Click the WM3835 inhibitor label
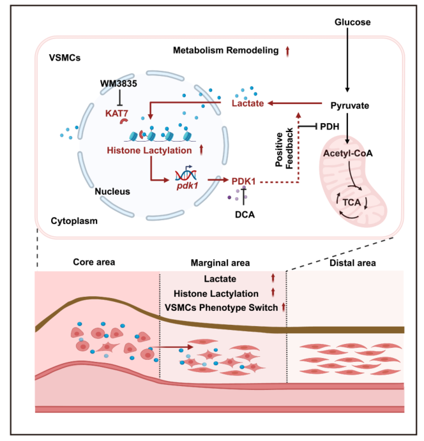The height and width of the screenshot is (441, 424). click(119, 84)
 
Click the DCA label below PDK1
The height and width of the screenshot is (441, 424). click(244, 215)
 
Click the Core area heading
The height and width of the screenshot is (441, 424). click(92, 262)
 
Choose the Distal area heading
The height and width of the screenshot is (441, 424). click(347, 262)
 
